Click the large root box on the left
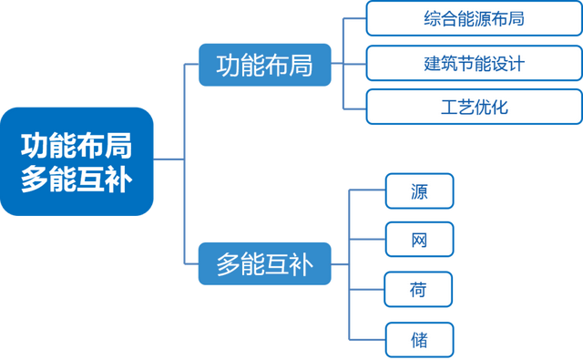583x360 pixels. (x=77, y=161)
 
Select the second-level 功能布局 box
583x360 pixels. (x=264, y=66)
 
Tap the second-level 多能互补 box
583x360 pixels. (x=264, y=265)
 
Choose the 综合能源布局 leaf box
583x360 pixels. (x=473, y=19)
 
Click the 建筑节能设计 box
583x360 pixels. (x=473, y=64)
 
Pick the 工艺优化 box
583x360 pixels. (x=473, y=108)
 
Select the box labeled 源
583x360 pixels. (x=418, y=192)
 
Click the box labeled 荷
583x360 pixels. (x=418, y=291)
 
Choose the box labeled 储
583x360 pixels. (x=418, y=340)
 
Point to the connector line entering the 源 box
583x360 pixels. (x=368, y=192)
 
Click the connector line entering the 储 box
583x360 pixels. (x=368, y=340)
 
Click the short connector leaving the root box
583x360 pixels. (x=168, y=160)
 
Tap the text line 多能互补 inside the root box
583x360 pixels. (x=77, y=180)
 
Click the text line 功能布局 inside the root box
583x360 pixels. (x=77, y=144)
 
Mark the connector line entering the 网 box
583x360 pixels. (x=368, y=241)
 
